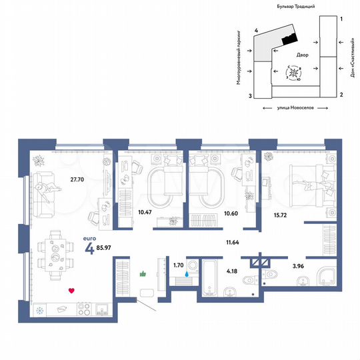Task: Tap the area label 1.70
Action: [178, 265]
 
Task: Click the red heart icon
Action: [71, 291]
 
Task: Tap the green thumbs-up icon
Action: [142, 273]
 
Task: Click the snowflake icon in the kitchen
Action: [39, 310]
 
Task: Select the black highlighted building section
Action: [288, 38]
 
